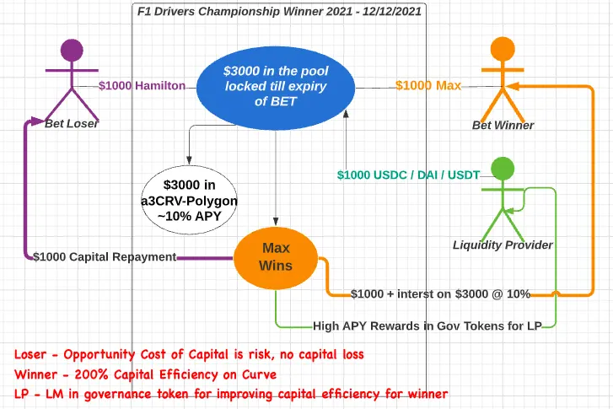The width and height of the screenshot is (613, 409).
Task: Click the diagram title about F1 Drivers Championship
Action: tap(279, 11)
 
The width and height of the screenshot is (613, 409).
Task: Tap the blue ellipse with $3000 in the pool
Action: tap(276, 88)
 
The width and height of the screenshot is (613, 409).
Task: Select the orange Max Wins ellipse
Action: tap(276, 258)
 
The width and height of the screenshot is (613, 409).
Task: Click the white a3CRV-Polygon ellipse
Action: tap(189, 200)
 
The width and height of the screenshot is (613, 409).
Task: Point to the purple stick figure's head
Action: tap(72, 50)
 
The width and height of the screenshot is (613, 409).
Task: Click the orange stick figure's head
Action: tap(503, 49)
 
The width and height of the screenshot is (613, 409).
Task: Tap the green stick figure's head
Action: tap(503, 169)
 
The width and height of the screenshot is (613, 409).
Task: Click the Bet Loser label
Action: tap(71, 124)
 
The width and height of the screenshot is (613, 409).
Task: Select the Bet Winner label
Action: tap(503, 125)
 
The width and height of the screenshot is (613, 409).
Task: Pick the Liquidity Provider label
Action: tap(503, 245)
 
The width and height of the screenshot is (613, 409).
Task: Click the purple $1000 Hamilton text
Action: tap(142, 86)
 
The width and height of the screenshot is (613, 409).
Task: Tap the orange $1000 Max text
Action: tap(428, 85)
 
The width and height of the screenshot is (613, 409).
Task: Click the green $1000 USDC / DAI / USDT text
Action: tap(409, 175)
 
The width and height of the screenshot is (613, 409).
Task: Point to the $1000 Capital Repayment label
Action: tap(105, 257)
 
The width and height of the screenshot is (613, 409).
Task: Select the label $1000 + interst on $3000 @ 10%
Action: tap(440, 294)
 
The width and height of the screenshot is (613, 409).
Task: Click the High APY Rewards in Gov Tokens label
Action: tap(427, 326)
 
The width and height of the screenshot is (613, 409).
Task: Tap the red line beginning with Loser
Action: tap(189, 355)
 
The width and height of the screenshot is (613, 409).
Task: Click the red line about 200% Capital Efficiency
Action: tap(145, 374)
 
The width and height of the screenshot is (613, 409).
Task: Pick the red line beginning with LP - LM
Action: tap(231, 394)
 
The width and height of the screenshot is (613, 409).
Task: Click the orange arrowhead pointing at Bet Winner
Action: tap(513, 86)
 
